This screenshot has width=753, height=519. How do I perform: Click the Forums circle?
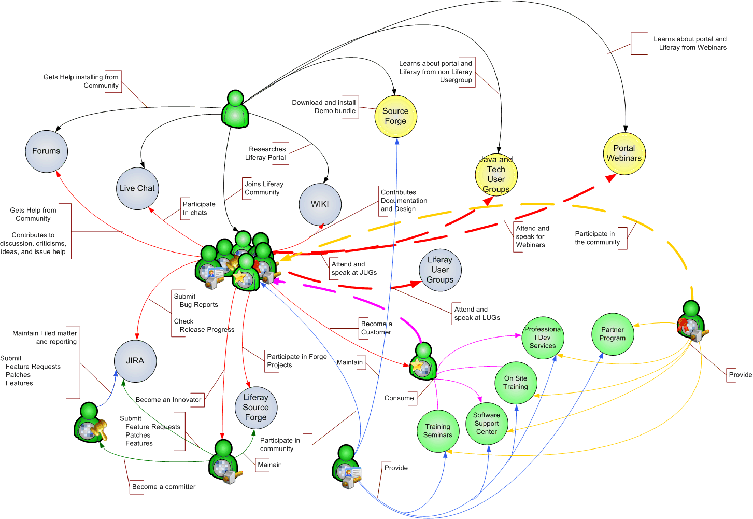47,151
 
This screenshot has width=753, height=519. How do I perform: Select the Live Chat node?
137,188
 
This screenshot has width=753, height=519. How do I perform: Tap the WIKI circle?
320,204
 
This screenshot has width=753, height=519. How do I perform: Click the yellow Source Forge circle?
395,116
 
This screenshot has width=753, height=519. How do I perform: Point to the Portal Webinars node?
624,153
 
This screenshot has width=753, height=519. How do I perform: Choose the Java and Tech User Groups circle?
496,175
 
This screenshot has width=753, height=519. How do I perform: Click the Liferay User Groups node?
440,270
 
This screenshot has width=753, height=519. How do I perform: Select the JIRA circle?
135,361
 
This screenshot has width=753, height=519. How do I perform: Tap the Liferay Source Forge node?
256,408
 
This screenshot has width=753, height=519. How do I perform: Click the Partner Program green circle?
613,334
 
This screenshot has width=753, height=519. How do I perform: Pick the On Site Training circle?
516,383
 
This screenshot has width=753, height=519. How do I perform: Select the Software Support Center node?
487,424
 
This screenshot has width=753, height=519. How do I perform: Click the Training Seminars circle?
438,431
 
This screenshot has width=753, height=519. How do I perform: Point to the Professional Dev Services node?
543,338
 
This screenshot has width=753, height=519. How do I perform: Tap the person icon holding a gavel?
90,423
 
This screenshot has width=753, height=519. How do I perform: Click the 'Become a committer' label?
164,487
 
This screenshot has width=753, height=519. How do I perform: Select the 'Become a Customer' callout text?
376,328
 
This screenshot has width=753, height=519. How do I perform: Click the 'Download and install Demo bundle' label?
324,107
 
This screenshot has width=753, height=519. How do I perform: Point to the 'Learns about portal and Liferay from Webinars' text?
690,44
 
